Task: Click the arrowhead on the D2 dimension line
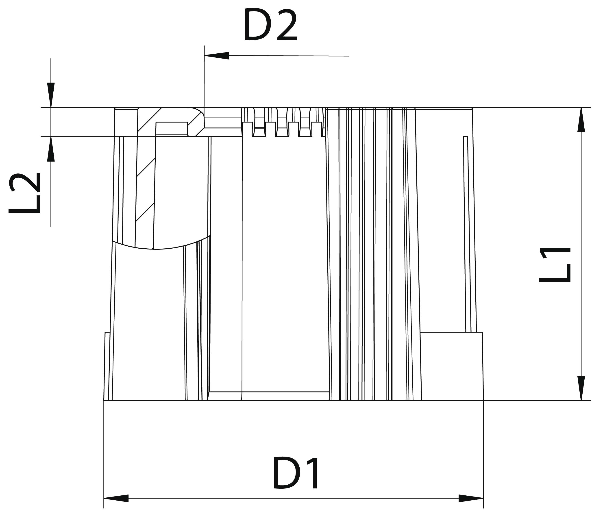(217, 56)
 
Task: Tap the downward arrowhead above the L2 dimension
(51, 95)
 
